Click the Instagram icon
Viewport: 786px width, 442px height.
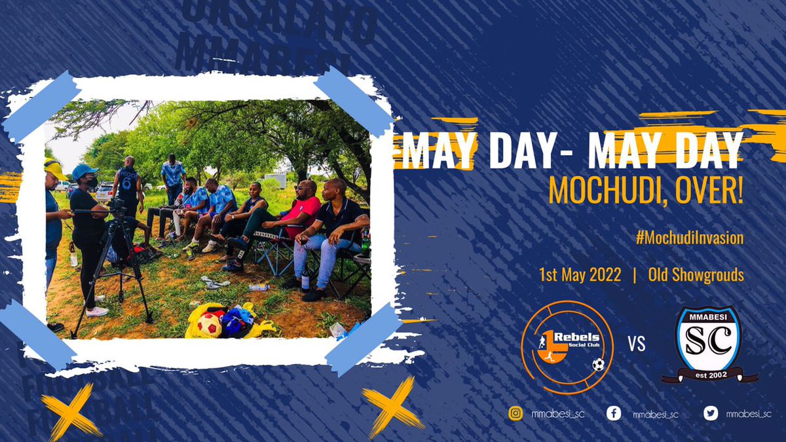[516, 413]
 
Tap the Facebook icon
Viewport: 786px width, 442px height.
[614, 413]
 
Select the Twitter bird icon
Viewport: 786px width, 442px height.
[711, 413]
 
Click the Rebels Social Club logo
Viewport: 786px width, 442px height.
[567, 346]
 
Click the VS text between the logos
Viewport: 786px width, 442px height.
[637, 344]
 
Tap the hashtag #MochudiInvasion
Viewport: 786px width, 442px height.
[690, 238]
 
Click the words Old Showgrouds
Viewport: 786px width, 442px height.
[696, 275]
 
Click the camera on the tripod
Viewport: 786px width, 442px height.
[119, 208]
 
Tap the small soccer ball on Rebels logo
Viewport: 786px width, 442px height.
[598, 365]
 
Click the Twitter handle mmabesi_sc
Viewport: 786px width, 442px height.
[749, 413]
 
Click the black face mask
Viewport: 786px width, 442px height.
[92, 181]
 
